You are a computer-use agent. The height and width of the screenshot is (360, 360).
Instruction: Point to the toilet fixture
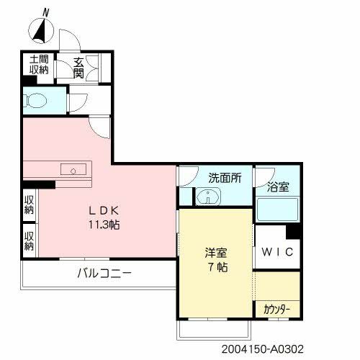[x=36, y=99]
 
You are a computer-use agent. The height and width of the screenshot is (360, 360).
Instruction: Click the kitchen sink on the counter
[x=74, y=170]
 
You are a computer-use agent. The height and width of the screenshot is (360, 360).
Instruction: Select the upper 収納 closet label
[x=29, y=205]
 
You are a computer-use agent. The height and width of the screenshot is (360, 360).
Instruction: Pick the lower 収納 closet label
[x=29, y=240]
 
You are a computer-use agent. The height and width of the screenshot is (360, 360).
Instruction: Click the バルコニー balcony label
[x=104, y=273]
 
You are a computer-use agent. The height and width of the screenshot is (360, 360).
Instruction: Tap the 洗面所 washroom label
[x=225, y=177]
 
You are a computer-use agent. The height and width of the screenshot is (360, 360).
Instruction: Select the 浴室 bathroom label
[x=278, y=187]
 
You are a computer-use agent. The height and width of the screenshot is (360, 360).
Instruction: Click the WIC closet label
[x=276, y=253]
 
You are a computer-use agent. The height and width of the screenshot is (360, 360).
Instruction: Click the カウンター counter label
[x=276, y=310]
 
